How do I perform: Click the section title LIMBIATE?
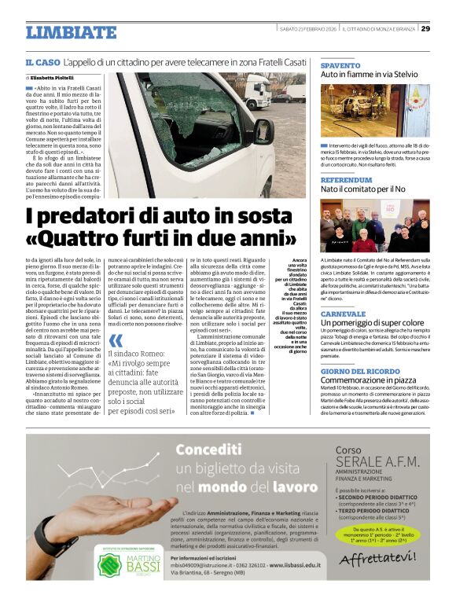click(71, 32)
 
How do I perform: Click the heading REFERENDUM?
click(347, 180)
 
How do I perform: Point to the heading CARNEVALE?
click(344, 313)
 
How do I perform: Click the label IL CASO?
click(42, 62)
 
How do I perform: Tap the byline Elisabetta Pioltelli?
click(55, 79)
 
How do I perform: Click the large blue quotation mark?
click(116, 340)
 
